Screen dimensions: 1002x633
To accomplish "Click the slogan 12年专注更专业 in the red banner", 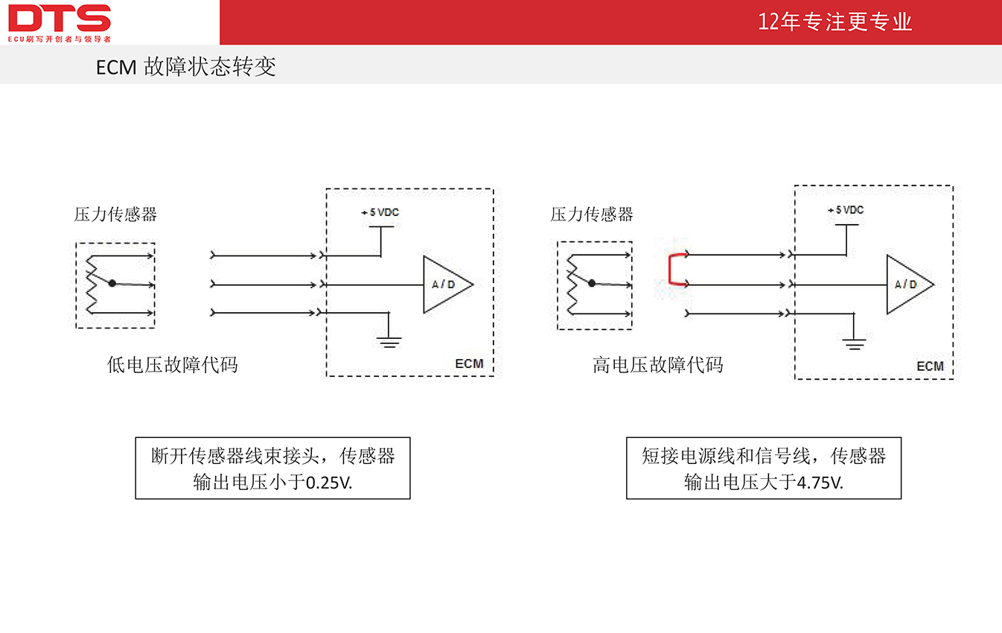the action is [x=835, y=22].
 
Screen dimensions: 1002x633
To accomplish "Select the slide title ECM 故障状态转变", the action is [x=185, y=67].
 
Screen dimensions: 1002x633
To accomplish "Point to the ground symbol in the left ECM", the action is [x=389, y=343].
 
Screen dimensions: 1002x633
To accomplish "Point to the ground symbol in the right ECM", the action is [x=854, y=344].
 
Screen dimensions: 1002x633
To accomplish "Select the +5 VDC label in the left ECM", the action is [x=380, y=212].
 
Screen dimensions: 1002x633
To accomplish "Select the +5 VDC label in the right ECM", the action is [x=846, y=210].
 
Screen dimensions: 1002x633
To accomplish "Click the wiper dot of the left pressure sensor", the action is [x=112, y=283].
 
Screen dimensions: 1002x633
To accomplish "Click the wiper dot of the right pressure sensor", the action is [x=592, y=283].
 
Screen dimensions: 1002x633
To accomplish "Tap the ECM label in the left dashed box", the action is [x=469, y=363].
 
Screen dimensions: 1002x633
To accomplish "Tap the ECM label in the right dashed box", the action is [x=930, y=366].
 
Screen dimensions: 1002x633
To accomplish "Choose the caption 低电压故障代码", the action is [x=172, y=365].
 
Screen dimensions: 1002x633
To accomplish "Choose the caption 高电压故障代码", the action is [x=657, y=365].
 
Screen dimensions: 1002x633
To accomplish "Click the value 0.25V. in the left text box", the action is [x=329, y=483].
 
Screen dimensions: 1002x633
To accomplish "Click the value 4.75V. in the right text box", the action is [x=820, y=483].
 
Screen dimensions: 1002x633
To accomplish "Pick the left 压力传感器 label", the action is [x=115, y=214].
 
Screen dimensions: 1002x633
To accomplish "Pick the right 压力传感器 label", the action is [x=591, y=214].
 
